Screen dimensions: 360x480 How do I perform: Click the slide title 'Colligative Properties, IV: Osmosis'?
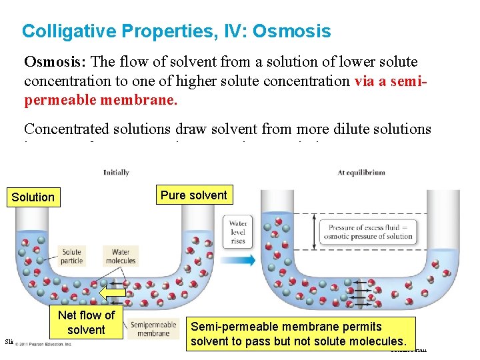(x=176, y=31)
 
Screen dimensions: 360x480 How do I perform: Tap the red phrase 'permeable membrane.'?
(x=101, y=99)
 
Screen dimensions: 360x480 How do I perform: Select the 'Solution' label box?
(x=33, y=197)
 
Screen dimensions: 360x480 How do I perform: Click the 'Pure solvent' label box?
(x=193, y=195)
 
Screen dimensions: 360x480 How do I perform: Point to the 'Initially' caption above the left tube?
(x=116, y=173)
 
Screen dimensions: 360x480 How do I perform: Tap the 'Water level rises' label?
(x=238, y=232)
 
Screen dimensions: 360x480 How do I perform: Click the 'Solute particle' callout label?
(x=71, y=257)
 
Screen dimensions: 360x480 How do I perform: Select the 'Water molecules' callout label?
(x=120, y=257)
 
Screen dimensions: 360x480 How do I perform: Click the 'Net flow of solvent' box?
(x=86, y=323)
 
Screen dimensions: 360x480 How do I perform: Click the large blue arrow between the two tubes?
(x=243, y=260)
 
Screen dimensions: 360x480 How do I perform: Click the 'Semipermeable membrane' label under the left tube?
(x=153, y=329)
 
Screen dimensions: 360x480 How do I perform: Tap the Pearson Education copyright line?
(x=43, y=344)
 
